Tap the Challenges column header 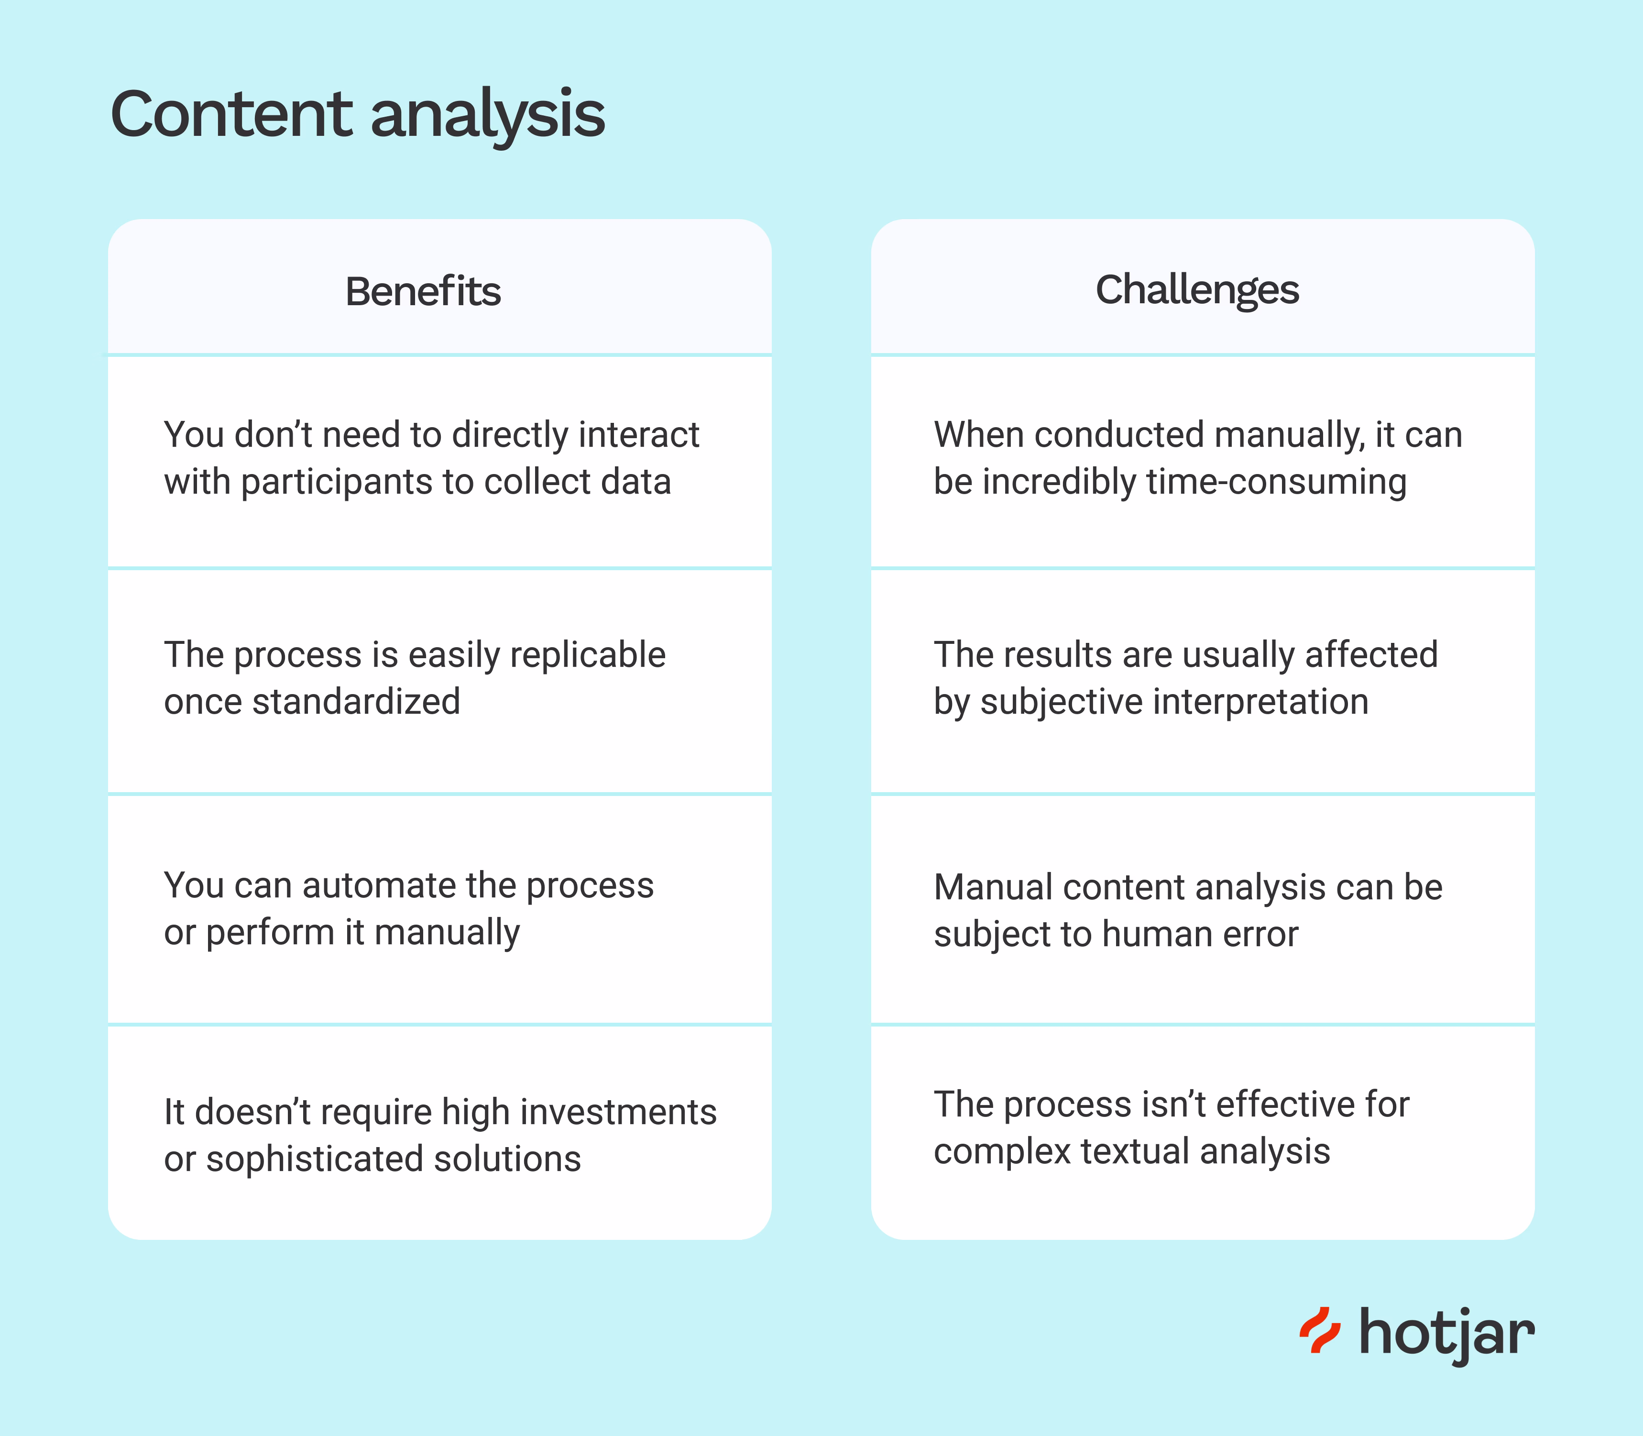(x=1197, y=290)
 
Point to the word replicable (x=587, y=655)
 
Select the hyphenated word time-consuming (x=1276, y=482)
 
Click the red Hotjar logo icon (x=1319, y=1330)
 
